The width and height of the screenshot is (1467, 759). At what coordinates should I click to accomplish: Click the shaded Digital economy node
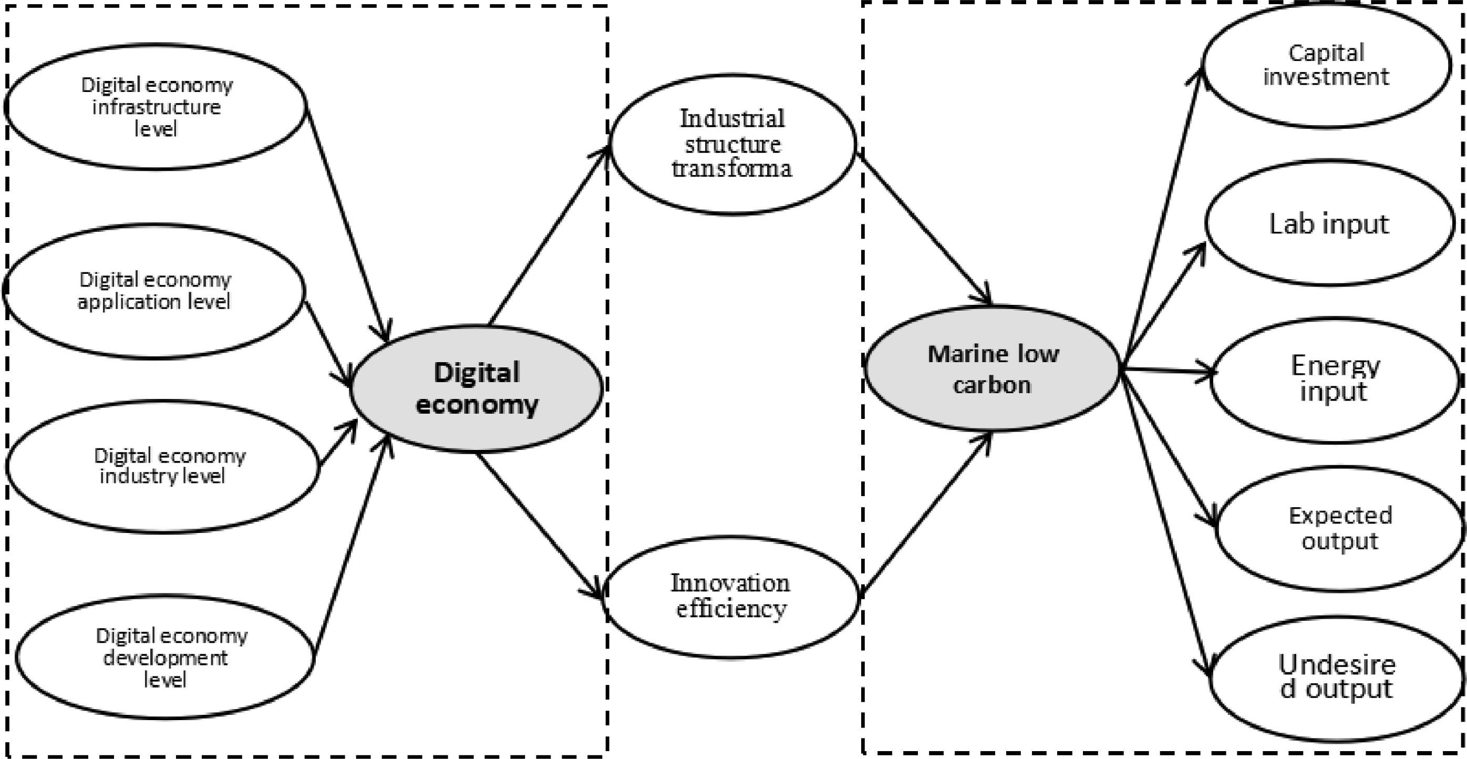coord(476,388)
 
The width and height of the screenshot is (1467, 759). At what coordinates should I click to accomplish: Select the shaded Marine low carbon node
coord(992,368)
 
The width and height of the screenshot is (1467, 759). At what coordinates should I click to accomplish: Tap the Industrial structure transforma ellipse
coord(732,143)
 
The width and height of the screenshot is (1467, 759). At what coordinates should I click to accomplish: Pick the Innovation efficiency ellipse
coord(731,596)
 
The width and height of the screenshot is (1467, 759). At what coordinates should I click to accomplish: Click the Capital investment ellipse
coord(1327,65)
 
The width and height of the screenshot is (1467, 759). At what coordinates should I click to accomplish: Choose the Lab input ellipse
coord(1329,223)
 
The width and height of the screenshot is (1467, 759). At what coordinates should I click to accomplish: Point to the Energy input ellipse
coord(1334,379)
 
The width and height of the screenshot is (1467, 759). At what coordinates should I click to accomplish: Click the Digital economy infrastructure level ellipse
coord(156,107)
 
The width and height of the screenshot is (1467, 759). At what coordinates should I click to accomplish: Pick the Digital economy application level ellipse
coord(154,291)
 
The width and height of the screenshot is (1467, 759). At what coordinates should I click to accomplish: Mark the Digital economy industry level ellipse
coord(163,466)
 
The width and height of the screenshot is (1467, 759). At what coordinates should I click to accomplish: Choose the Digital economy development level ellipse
coord(165,657)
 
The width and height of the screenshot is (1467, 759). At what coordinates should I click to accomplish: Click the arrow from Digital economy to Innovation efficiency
coord(538,524)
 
